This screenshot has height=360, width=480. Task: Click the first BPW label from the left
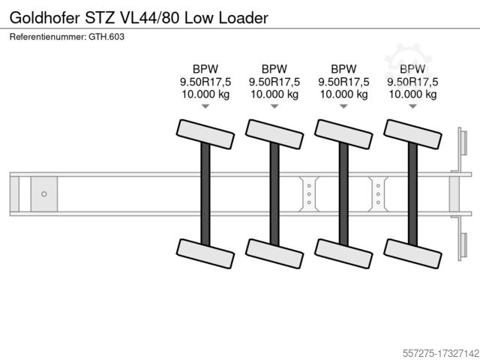click(x=205, y=68)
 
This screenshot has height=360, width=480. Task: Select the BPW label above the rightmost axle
click(x=412, y=68)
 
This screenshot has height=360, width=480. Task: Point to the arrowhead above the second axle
click(x=274, y=107)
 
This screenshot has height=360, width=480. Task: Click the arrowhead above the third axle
click(x=343, y=107)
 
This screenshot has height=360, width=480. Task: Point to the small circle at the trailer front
click(x=43, y=193)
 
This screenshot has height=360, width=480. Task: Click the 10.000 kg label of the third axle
click(x=343, y=94)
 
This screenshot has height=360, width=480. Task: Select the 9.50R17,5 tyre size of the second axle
click(x=274, y=82)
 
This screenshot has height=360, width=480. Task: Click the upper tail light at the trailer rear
click(x=463, y=145)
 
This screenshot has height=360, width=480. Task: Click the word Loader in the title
click(x=241, y=16)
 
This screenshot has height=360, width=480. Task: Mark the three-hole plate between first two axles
click(x=309, y=193)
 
